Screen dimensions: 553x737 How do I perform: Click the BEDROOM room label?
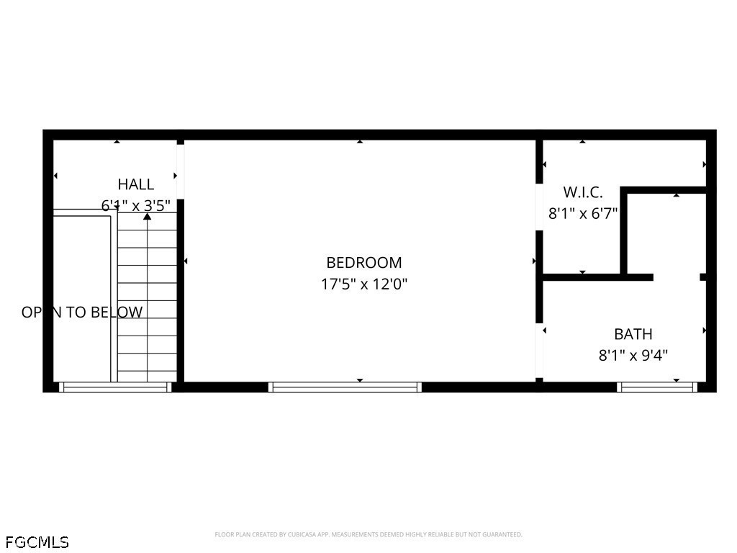pyautogui.click(x=364, y=263)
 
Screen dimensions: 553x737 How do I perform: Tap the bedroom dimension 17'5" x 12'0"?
pyautogui.click(x=364, y=284)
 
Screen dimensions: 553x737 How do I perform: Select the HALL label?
pyautogui.click(x=136, y=184)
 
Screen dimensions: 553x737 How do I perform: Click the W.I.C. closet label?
pyautogui.click(x=582, y=192)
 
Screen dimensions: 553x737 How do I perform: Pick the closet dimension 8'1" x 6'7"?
pyautogui.click(x=583, y=213)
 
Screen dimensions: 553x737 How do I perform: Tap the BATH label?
pyautogui.click(x=633, y=334)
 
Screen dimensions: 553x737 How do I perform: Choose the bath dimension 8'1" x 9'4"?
pyautogui.click(x=633, y=355)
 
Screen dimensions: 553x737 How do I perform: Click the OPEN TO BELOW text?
pyautogui.click(x=82, y=313)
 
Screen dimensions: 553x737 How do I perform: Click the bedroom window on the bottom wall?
pyautogui.click(x=345, y=387)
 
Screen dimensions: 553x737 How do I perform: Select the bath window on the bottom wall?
pyautogui.click(x=658, y=387)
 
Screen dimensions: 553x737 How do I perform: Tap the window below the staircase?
pyautogui.click(x=115, y=387)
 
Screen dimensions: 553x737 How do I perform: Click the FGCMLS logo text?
pyautogui.click(x=37, y=541)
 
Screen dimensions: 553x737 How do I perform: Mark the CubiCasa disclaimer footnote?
pyautogui.click(x=368, y=534)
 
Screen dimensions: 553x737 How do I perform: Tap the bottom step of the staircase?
pyautogui.click(x=148, y=375)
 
